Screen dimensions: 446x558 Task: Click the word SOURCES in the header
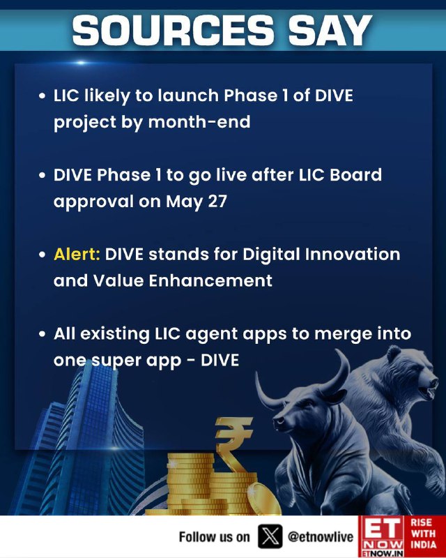(x=174, y=30)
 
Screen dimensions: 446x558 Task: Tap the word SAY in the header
(x=330, y=30)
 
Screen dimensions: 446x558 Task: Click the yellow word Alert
(x=77, y=255)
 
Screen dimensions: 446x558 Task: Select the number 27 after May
(x=217, y=202)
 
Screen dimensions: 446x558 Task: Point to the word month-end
(x=199, y=122)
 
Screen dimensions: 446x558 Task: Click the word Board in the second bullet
(x=355, y=175)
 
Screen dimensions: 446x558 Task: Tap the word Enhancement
(x=210, y=281)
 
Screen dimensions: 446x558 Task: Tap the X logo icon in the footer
(x=270, y=536)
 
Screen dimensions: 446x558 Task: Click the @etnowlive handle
(x=321, y=536)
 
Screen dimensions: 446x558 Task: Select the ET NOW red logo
(x=383, y=536)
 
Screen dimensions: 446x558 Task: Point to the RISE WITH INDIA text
(x=423, y=534)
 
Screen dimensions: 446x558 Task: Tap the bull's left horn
(x=268, y=393)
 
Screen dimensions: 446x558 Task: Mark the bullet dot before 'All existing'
(x=43, y=335)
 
